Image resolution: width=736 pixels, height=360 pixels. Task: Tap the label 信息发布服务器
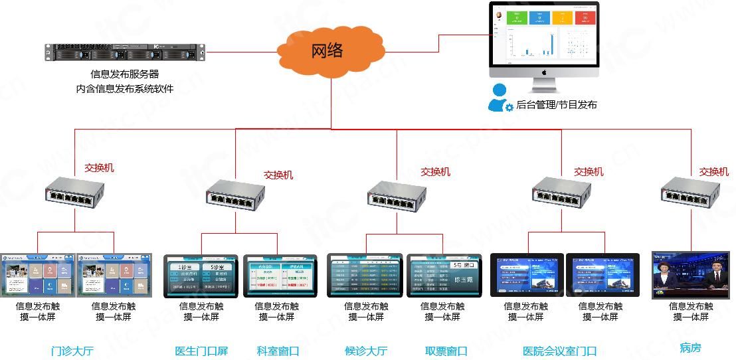coord(125,74)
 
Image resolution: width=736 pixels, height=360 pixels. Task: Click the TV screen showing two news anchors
coord(691,274)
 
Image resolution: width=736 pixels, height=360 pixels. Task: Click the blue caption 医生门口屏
coord(201,351)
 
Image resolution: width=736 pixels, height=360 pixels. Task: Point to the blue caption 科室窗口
coord(278,351)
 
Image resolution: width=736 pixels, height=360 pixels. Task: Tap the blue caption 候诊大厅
coord(366,351)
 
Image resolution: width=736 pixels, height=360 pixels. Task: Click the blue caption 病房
coord(690,347)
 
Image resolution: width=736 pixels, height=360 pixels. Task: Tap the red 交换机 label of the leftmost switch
coord(99,168)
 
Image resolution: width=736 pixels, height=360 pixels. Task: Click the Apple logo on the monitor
coord(543,72)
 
